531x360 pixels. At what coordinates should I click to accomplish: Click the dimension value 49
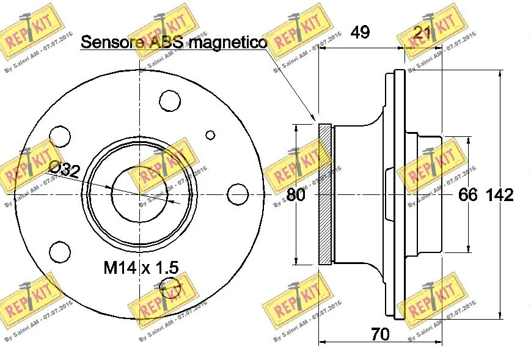(361, 32)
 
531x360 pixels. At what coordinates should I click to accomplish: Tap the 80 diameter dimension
(296, 195)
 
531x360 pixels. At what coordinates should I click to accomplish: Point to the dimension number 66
(467, 195)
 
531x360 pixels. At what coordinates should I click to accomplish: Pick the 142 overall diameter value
(499, 195)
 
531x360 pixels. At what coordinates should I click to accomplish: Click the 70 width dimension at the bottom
(381, 334)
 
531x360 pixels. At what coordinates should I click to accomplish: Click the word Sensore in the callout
(111, 42)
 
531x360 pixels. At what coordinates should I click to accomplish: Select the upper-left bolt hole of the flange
(59, 135)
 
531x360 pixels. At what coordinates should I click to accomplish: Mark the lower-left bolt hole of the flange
(59, 251)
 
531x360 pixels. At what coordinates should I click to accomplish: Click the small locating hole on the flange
(210, 135)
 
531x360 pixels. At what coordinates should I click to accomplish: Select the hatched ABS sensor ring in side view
(325, 194)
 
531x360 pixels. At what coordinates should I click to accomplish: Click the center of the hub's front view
(140, 194)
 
